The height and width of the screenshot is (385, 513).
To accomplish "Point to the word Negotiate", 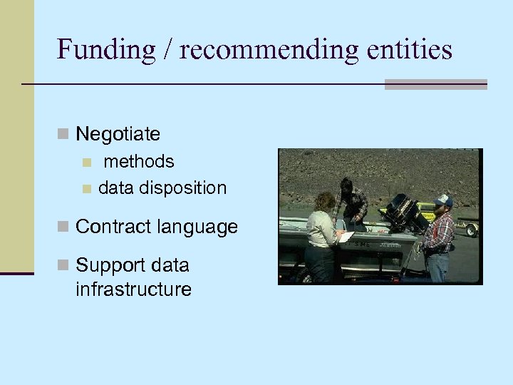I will coord(118,133).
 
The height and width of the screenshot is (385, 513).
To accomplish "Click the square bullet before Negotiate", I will coord(63,133).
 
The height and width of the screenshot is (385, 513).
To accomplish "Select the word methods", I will coord(138,161).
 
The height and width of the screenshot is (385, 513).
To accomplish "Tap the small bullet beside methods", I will coord(86,162).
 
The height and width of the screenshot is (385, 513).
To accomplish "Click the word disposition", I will coord(182,188).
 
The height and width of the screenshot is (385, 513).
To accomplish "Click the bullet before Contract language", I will coord(63,227).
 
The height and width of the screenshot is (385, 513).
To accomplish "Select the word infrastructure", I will coord(133,289).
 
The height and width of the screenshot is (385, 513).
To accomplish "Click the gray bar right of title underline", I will coord(435,84).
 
